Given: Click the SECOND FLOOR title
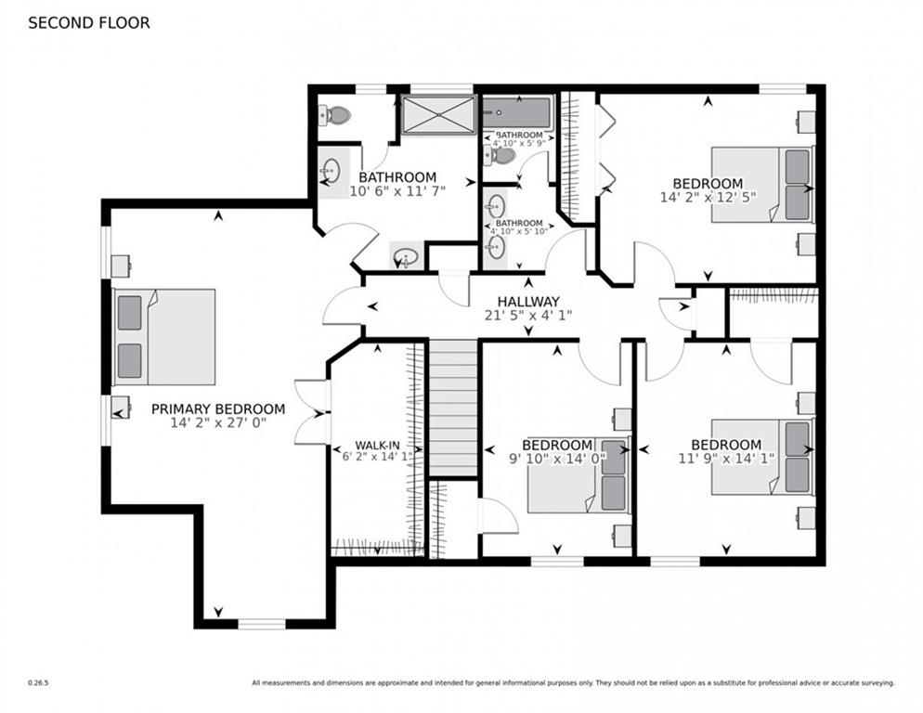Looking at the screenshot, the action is pyautogui.click(x=89, y=23).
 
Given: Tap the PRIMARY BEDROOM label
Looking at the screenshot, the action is pyautogui.click(x=218, y=408).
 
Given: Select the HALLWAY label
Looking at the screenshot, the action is pyautogui.click(x=528, y=302).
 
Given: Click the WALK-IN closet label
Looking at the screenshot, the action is pyautogui.click(x=377, y=445).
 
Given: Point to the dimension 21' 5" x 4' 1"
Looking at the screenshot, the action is pyautogui.click(x=528, y=316).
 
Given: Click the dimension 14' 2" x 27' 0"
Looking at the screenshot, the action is pyautogui.click(x=218, y=422).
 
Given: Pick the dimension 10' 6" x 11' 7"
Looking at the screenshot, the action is pyautogui.click(x=397, y=190).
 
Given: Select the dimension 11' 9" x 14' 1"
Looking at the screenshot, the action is pyautogui.click(x=726, y=458).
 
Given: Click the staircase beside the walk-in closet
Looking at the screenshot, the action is pyautogui.click(x=452, y=408).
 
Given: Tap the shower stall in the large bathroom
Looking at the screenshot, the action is pyautogui.click(x=438, y=115).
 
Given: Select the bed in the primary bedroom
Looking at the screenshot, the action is pyautogui.click(x=163, y=337).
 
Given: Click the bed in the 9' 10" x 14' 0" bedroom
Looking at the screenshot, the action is pyautogui.click(x=578, y=474).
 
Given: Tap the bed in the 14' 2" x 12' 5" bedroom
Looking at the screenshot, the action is pyautogui.click(x=763, y=185).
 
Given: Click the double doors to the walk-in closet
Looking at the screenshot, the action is pyautogui.click(x=312, y=412).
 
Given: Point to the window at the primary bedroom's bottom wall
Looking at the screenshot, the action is pyautogui.click(x=261, y=624).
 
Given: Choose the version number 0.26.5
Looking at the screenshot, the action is pyautogui.click(x=38, y=683).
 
